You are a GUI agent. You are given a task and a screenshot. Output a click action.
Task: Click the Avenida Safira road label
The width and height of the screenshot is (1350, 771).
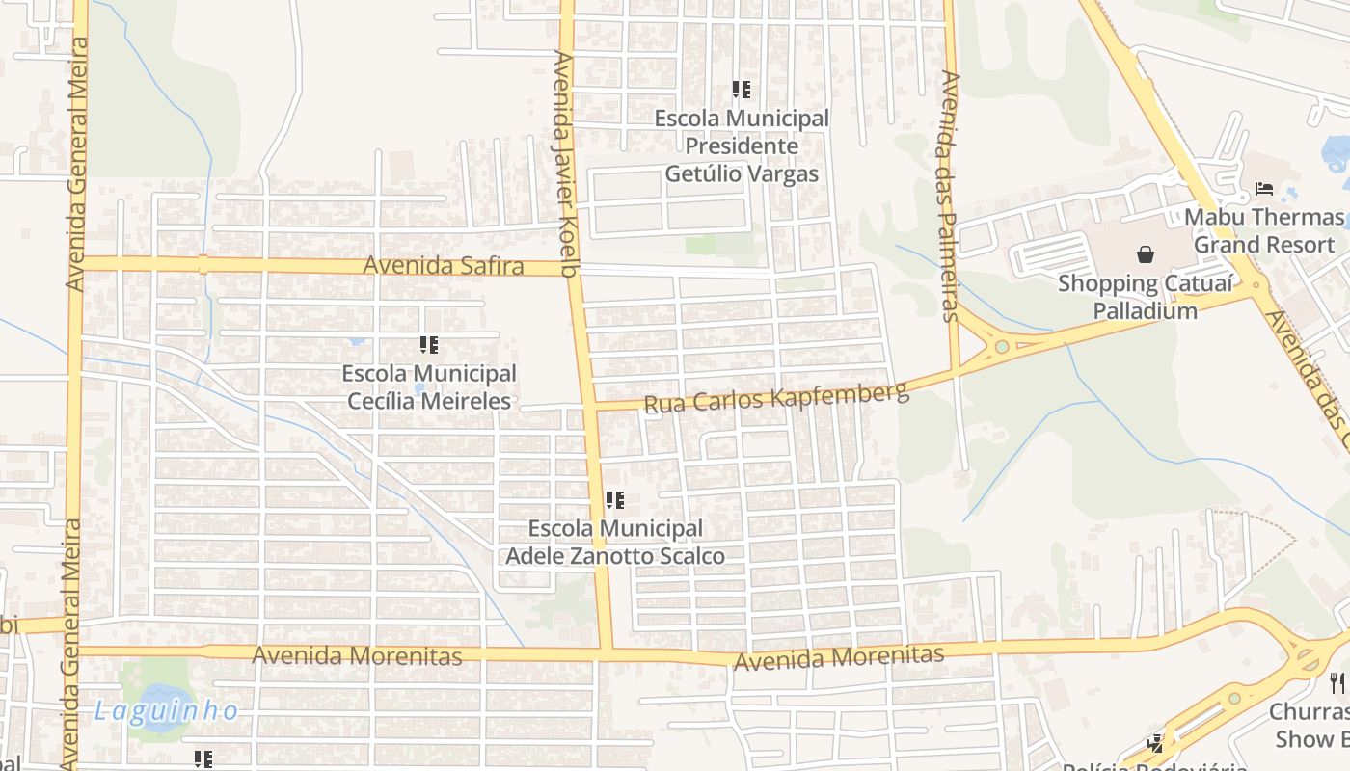click(444, 266)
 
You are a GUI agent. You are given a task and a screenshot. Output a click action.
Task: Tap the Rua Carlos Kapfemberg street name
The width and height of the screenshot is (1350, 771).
click(775, 397)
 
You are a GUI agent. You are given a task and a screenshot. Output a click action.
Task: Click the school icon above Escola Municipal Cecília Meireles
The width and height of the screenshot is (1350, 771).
click(429, 344)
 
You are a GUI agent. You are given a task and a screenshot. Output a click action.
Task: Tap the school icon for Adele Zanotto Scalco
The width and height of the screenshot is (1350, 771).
click(615, 500)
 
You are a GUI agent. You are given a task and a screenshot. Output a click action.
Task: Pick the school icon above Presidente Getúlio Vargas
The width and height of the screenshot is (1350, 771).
click(741, 90)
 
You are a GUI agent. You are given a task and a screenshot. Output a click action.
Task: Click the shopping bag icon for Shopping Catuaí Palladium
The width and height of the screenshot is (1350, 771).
click(1146, 254)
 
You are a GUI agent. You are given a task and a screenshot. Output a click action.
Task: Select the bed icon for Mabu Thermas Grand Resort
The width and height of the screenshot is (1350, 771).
click(1263, 189)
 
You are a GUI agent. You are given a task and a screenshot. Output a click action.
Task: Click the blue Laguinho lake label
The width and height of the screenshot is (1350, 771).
click(166, 712)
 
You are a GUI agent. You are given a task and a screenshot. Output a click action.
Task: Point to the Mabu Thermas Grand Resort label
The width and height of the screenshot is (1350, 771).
click(1263, 230)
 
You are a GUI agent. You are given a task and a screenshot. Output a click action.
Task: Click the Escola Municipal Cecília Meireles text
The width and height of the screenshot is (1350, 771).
click(429, 386)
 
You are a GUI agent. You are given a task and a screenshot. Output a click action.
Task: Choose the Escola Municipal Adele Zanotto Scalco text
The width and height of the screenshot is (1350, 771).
click(615, 543)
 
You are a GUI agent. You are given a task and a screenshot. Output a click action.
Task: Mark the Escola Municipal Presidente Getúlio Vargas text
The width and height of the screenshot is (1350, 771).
click(741, 146)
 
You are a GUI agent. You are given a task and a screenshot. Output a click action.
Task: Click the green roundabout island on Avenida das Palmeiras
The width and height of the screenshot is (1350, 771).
click(1002, 346)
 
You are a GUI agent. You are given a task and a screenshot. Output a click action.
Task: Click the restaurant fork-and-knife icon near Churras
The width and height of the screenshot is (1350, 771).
click(1337, 683)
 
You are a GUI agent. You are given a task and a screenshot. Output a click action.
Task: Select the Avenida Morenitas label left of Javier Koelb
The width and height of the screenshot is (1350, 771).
click(357, 656)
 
